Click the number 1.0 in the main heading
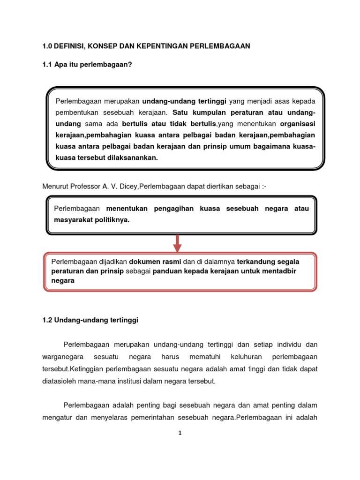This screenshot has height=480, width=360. tap(48, 46)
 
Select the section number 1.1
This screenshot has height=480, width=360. tap(48, 65)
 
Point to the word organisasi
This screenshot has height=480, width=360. tap(298, 124)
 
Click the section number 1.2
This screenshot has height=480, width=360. tap(48, 320)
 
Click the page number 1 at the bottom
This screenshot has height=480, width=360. tap(180, 434)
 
